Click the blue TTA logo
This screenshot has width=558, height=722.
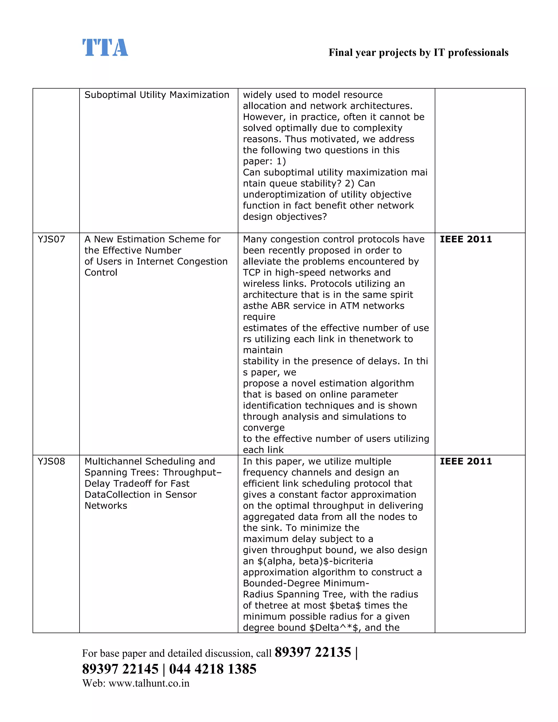105,48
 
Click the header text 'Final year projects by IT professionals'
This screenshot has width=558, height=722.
418,53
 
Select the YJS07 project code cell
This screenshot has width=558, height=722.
51,239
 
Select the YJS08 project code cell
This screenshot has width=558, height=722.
51,462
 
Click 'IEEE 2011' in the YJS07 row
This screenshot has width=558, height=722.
465,239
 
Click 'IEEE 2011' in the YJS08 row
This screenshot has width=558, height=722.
465,462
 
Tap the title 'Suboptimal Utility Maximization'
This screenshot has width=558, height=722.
157,95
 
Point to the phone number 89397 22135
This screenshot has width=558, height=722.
313,652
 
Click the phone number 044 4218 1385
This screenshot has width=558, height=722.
213,669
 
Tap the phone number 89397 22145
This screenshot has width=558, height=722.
120,669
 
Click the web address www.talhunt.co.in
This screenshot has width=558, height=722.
149,683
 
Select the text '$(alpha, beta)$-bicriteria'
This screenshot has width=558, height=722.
308,561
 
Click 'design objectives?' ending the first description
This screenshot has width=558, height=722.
285,217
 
